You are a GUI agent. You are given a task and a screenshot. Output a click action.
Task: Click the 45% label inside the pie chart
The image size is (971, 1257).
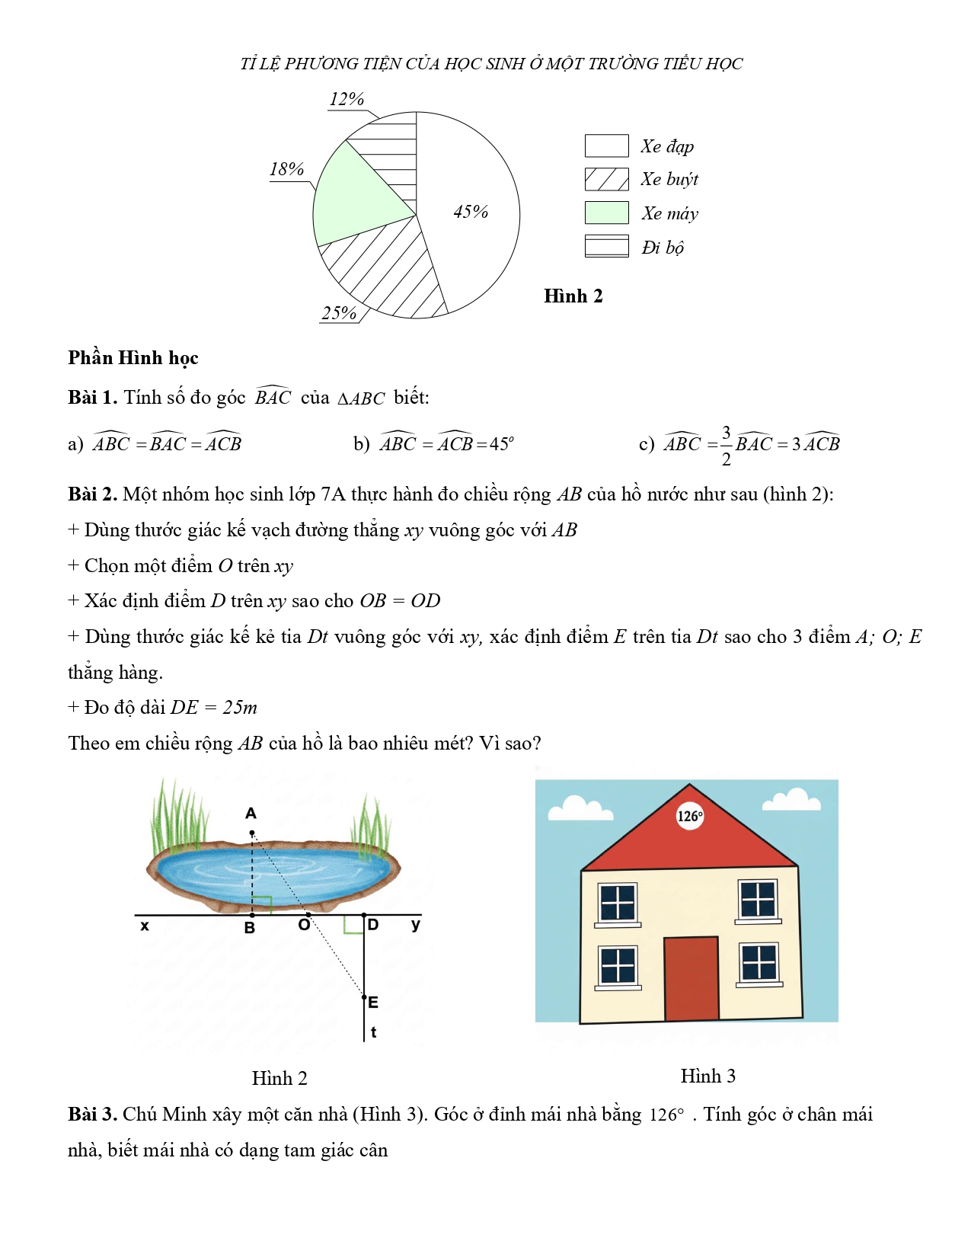click(471, 212)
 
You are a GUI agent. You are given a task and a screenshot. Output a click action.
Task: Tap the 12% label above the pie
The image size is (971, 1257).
click(347, 99)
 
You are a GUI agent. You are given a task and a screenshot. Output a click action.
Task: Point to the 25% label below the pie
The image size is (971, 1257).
click(339, 313)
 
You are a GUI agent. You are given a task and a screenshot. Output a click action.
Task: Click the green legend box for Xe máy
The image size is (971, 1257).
click(606, 213)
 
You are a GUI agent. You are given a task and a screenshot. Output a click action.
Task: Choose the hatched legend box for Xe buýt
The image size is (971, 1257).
click(606, 179)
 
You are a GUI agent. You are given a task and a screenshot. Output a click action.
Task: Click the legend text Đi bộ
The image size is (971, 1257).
click(663, 248)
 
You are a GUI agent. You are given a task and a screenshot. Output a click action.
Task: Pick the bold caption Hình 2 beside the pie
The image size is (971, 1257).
click(573, 296)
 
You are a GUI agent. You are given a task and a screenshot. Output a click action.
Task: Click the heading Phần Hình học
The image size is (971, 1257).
click(133, 358)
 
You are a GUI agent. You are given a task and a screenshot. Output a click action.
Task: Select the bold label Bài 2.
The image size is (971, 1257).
click(92, 494)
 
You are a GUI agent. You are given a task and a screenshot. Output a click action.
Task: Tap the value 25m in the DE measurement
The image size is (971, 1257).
click(240, 708)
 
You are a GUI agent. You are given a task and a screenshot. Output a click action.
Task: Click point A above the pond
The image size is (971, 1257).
click(252, 833)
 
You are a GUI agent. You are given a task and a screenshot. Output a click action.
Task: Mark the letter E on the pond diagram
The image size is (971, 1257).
click(373, 1002)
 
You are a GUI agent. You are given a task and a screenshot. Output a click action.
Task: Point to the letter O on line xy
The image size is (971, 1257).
click(304, 924)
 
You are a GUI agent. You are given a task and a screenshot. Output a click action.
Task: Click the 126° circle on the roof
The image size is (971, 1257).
click(690, 817)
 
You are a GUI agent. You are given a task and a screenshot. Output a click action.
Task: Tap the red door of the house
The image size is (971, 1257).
click(692, 979)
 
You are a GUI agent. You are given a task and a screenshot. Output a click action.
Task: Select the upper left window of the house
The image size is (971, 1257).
click(618, 903)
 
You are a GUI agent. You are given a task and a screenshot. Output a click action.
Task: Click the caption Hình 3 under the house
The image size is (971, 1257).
click(707, 1076)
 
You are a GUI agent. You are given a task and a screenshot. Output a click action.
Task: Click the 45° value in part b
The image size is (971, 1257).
click(500, 444)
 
